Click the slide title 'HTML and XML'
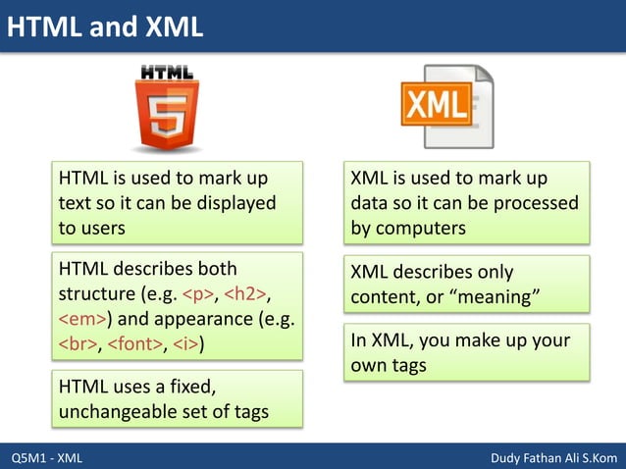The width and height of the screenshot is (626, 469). [x=105, y=26]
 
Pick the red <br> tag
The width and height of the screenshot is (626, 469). [x=77, y=343]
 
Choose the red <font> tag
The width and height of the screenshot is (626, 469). [x=133, y=343]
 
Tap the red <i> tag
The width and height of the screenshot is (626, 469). [x=186, y=343]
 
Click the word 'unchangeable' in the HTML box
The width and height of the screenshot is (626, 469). [x=113, y=412]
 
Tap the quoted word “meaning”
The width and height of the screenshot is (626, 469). [x=492, y=296]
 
